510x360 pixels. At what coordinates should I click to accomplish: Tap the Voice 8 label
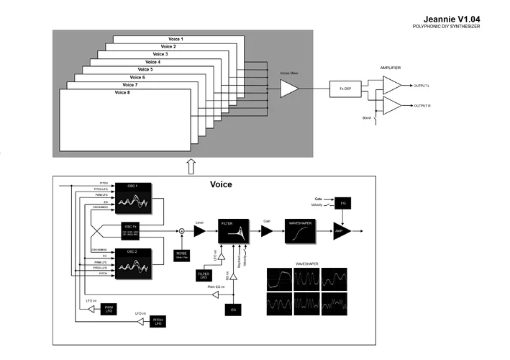(x=123, y=93)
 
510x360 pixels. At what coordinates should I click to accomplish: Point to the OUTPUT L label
(x=421, y=86)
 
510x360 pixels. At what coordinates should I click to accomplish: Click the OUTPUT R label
(x=422, y=106)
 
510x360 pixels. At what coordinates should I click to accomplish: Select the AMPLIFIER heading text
(x=391, y=68)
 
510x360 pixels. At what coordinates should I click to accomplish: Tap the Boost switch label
(x=366, y=118)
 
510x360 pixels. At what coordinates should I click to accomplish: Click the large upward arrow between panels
(x=191, y=166)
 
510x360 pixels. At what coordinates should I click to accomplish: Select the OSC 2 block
(x=132, y=262)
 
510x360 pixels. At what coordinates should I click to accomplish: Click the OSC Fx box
(x=131, y=230)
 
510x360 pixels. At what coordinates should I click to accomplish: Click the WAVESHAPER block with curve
(x=301, y=230)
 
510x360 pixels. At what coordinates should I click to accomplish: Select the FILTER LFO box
(x=203, y=275)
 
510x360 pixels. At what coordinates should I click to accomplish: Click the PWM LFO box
(x=108, y=308)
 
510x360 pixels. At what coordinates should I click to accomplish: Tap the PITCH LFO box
(x=158, y=323)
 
